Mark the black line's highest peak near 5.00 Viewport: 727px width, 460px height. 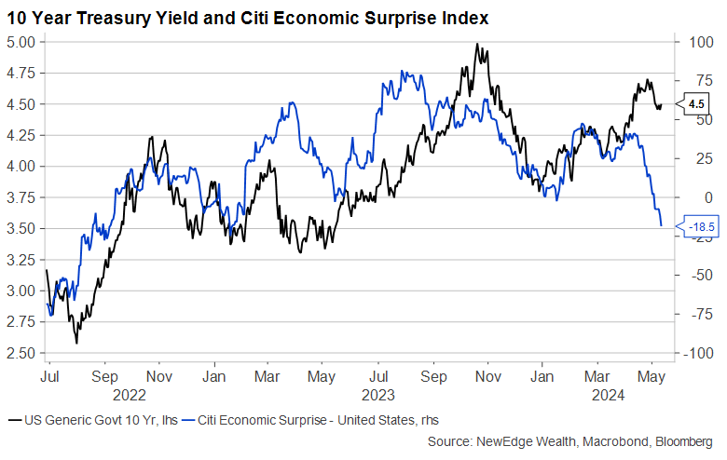pos(476,45)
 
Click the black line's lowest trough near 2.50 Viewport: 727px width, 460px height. pos(76,342)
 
